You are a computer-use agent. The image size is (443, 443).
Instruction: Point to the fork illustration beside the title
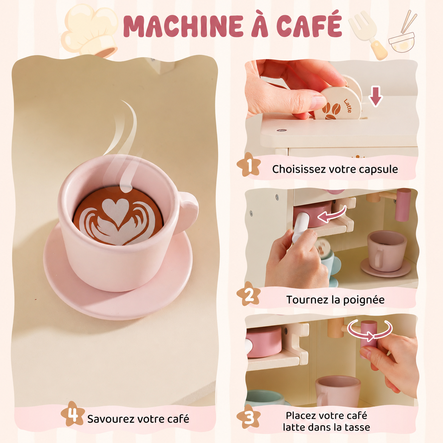click(367, 35)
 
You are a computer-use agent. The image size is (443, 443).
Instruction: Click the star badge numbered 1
click(248, 164)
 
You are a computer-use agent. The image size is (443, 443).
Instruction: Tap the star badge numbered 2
click(248, 294)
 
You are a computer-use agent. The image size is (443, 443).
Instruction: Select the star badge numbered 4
click(73, 413)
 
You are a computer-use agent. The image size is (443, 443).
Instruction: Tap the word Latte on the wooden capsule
click(347, 106)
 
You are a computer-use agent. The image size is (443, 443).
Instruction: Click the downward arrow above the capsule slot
click(376, 96)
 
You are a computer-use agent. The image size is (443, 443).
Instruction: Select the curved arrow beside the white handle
click(331, 214)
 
